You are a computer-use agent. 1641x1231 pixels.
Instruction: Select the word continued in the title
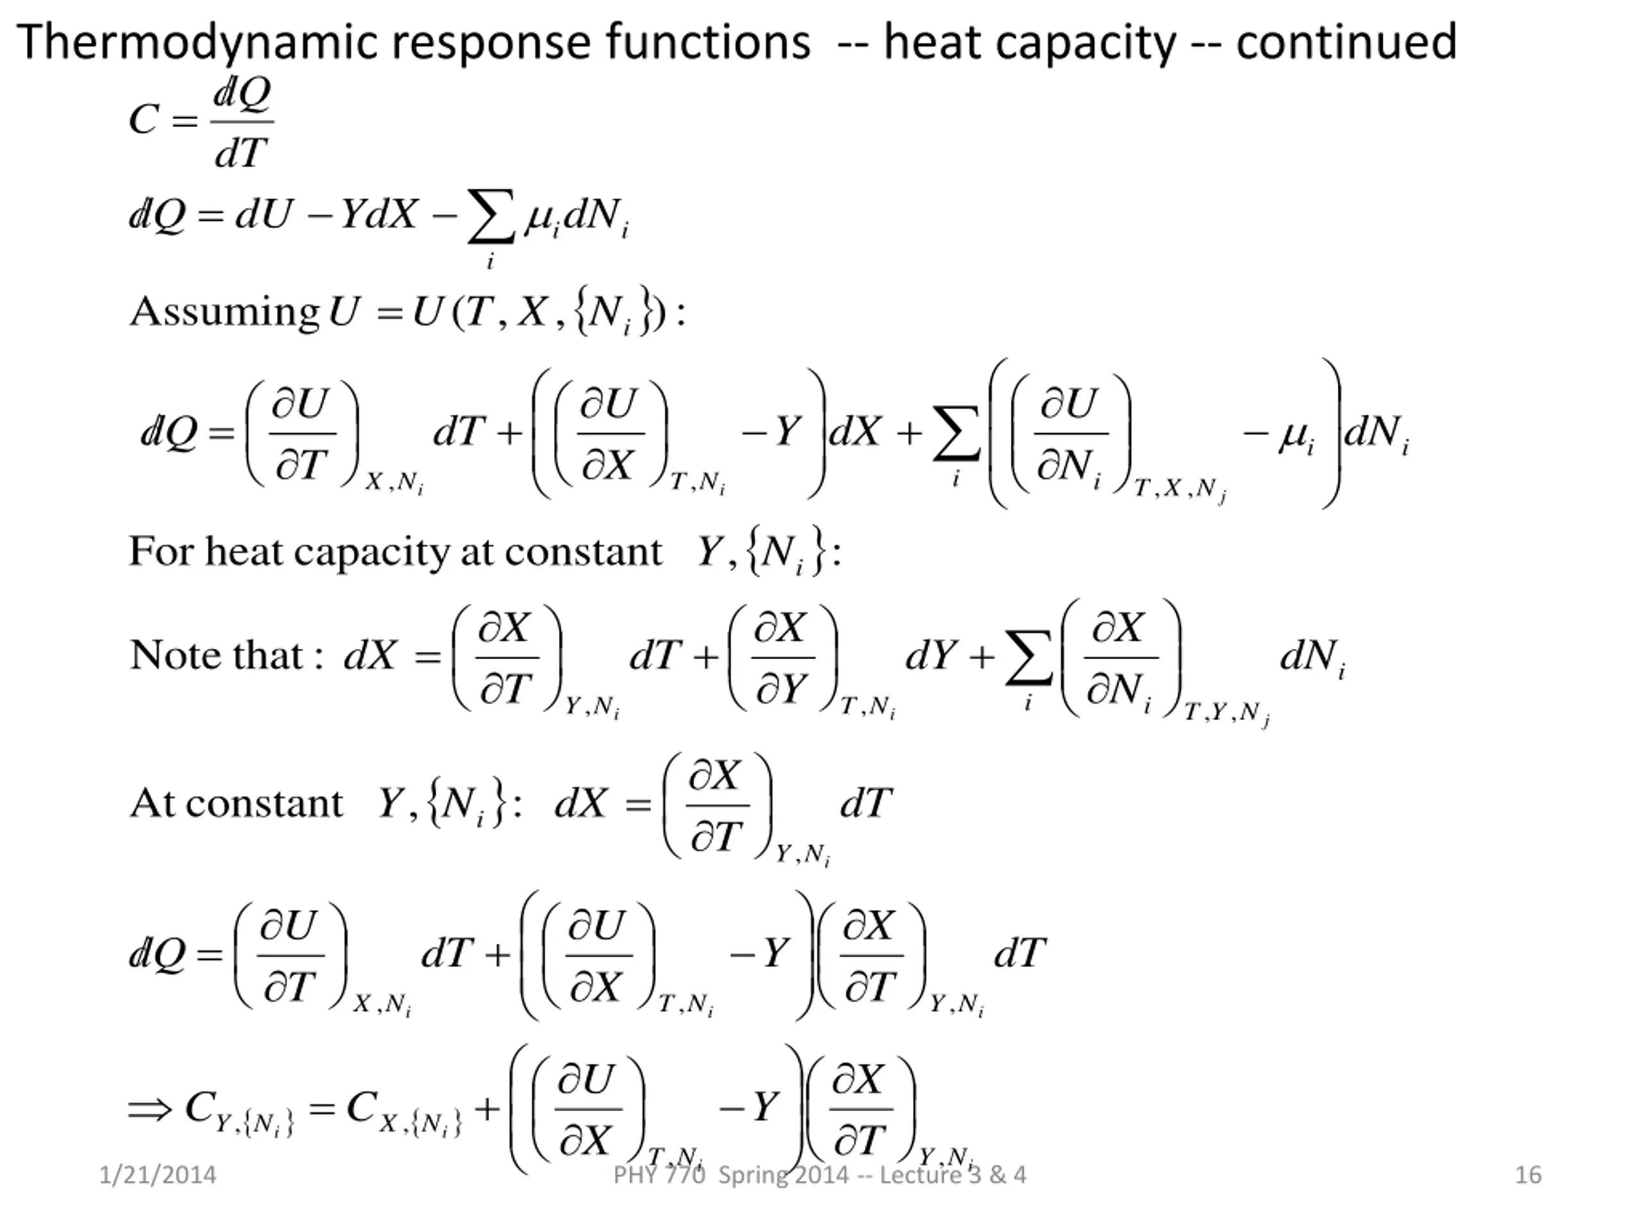(x=1345, y=42)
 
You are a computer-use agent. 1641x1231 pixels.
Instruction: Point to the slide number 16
(x=1528, y=1175)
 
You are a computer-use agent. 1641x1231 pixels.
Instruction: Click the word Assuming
(x=224, y=312)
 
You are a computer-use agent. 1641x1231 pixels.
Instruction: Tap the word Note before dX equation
(x=176, y=655)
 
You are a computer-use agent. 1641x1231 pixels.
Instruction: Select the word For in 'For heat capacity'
(x=160, y=552)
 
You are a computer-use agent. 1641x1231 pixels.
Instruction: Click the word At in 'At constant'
(x=152, y=803)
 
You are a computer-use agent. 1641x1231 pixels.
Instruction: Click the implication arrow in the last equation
(x=149, y=1110)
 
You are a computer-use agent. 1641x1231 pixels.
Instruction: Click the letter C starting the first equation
(x=143, y=119)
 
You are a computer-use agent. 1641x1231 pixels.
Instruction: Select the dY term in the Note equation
(x=930, y=655)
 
